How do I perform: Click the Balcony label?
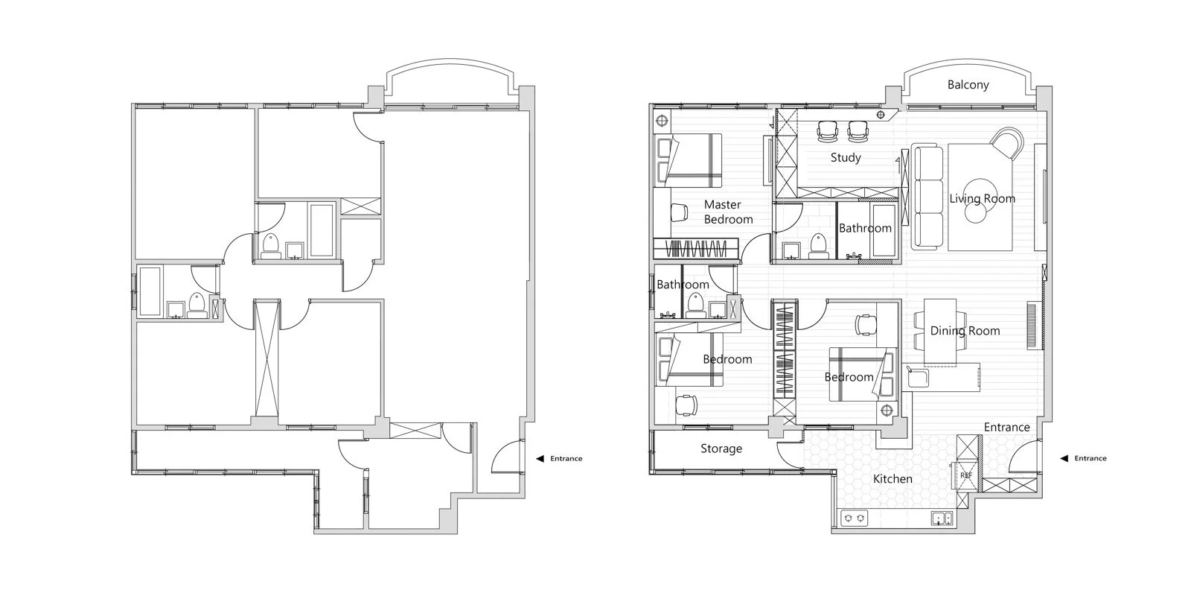(x=968, y=85)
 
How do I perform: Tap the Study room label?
(x=846, y=157)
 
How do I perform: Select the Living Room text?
(x=982, y=198)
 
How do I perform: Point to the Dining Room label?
(x=965, y=331)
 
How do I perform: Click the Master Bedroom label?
(x=728, y=212)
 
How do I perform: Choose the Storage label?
(x=721, y=448)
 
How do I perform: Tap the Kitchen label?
(x=893, y=479)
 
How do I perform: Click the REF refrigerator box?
(x=965, y=475)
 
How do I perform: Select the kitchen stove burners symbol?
(x=853, y=518)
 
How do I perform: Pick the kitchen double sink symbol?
(x=941, y=519)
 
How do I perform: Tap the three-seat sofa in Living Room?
(x=927, y=197)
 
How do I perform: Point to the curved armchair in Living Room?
(x=1007, y=142)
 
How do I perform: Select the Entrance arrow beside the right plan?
(x=1064, y=458)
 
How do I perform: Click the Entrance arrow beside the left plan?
(x=540, y=458)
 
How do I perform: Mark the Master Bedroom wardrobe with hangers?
(x=696, y=249)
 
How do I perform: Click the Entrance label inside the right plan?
(x=1006, y=428)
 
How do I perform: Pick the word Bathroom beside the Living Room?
(x=865, y=228)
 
